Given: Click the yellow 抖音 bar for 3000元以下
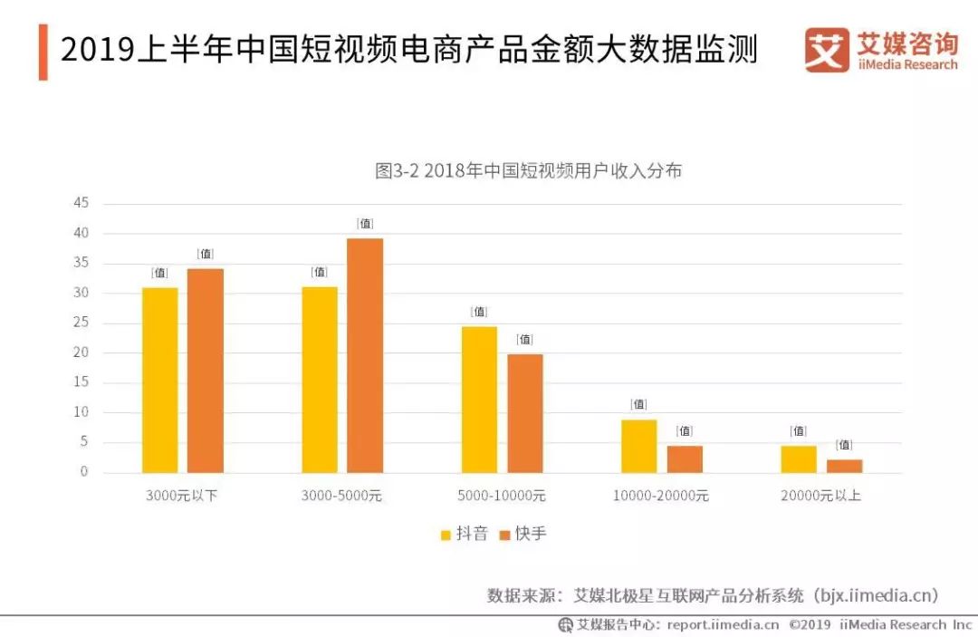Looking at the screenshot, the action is [159, 380].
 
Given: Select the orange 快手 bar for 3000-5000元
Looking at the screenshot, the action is [365, 355].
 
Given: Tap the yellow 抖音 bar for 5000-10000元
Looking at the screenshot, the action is [479, 400].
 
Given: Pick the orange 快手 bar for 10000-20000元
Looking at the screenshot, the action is [685, 459].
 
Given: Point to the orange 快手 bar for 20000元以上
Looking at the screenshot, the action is [845, 466].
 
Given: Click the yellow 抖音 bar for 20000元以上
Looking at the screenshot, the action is [799, 459].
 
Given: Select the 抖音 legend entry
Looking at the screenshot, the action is [464, 534].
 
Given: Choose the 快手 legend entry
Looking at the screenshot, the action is [523, 534].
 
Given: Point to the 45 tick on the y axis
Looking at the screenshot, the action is [81, 203].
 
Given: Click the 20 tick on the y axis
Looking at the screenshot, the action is [81, 352].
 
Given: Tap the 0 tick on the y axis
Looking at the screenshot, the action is [84, 472].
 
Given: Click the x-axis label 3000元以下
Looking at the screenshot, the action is [181, 496].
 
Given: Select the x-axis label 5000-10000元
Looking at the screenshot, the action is [502, 496].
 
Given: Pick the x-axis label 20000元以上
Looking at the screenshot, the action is [820, 496].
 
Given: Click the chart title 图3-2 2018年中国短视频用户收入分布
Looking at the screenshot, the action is [528, 170].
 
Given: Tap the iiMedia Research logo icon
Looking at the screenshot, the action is [827, 50].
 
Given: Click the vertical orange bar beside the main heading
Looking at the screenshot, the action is [43, 52].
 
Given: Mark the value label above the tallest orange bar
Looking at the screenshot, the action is [365, 223].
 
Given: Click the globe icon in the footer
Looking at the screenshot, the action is [566, 624].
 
